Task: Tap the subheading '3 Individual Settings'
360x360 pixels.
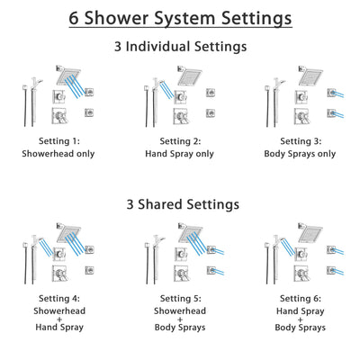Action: pyautogui.click(x=180, y=46)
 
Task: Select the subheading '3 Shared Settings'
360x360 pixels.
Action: pyautogui.click(x=180, y=204)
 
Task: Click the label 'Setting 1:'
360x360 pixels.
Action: pyautogui.click(x=60, y=141)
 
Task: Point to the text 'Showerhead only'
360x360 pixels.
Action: pyautogui.click(x=60, y=154)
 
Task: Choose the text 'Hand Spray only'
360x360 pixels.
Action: pyautogui.click(x=179, y=154)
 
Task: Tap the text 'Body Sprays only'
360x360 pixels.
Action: pyautogui.click(x=300, y=154)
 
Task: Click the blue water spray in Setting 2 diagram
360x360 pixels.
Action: pyautogui.click(x=168, y=86)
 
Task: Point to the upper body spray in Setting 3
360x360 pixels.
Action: pyautogui.click(x=334, y=93)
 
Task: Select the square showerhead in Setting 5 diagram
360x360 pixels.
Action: pyautogui.click(x=189, y=230)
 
